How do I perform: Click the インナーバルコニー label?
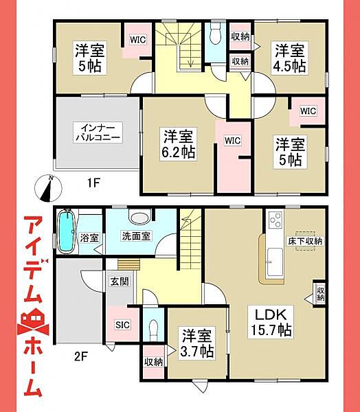98,133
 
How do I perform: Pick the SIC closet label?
122,325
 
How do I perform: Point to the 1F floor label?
93,183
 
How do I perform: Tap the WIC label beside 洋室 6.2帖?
232,141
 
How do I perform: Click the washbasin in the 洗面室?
139,218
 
